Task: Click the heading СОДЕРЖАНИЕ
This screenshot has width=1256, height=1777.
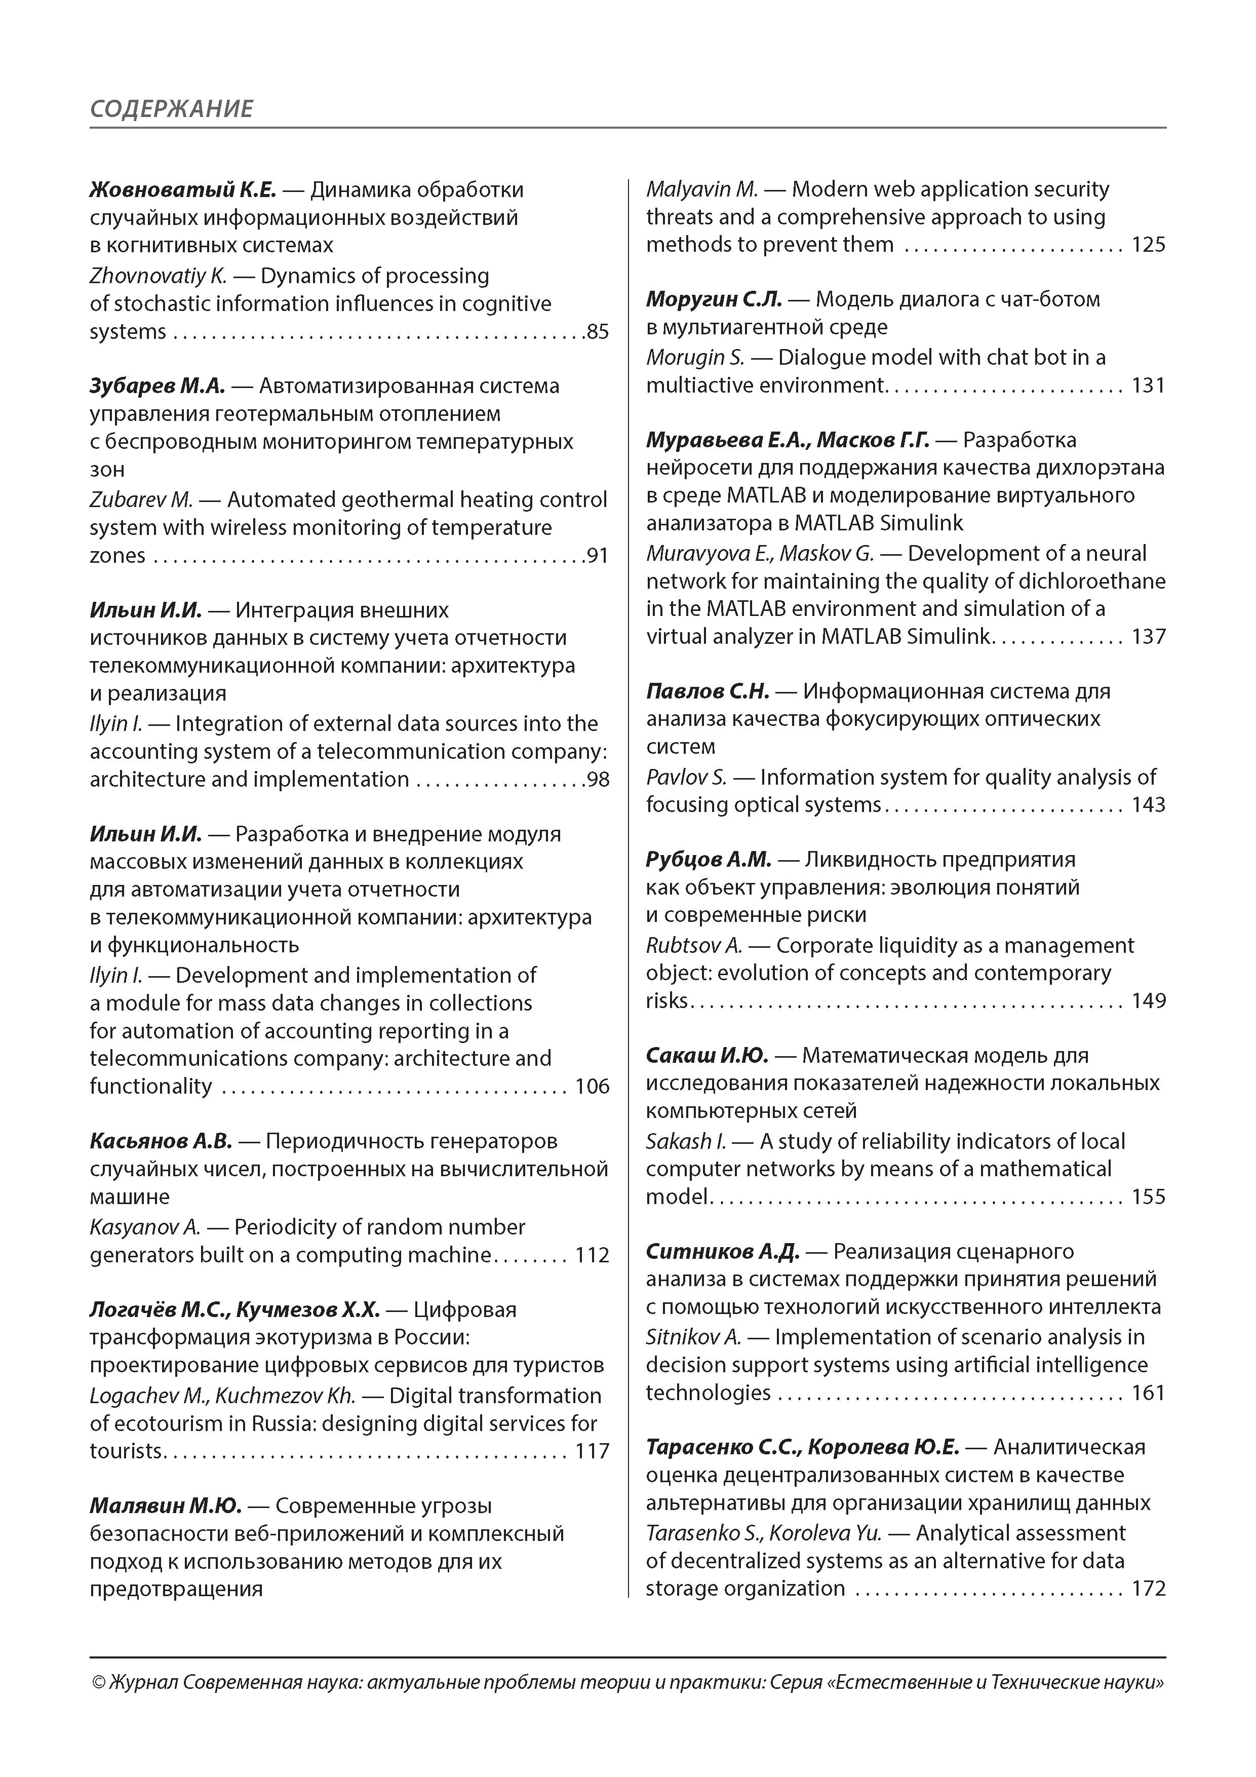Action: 171,108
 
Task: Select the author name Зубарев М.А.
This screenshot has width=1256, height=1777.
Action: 157,385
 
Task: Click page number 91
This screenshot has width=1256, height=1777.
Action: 598,556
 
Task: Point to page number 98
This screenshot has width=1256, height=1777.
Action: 598,780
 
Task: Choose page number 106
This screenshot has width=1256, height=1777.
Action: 592,1087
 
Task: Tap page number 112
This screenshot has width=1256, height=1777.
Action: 592,1255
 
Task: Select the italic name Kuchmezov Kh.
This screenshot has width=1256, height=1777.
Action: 285,1396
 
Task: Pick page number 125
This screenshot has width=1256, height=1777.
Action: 1149,245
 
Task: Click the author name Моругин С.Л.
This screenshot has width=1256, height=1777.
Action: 714,299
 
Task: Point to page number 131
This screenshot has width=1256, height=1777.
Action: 1149,385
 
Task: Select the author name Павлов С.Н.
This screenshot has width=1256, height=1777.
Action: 708,691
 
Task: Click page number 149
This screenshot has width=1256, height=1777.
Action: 1149,1001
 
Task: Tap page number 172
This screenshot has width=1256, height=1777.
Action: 1149,1588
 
